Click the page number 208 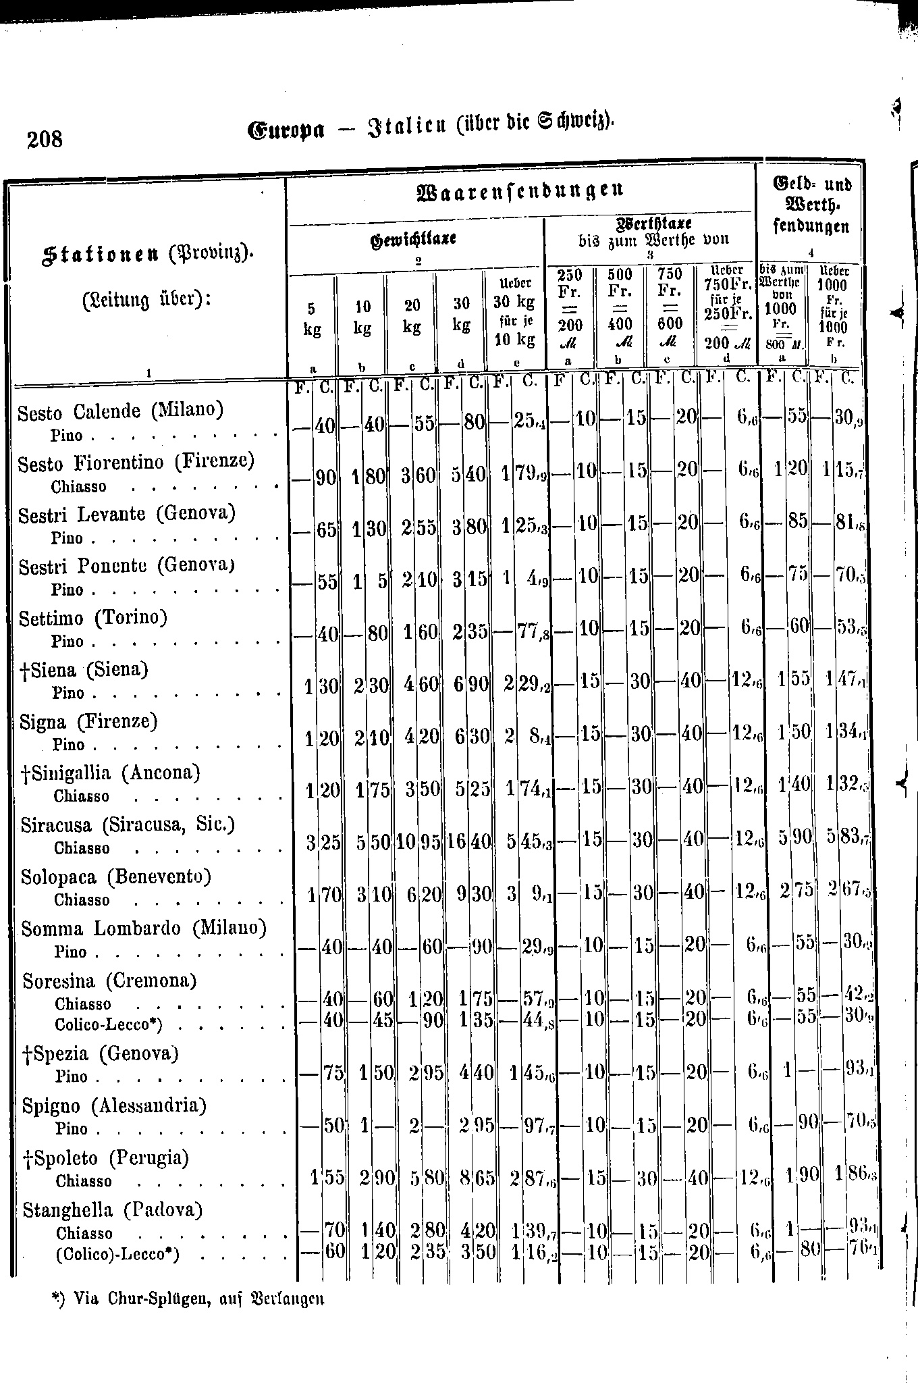[x=45, y=140]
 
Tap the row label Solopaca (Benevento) [x=116, y=877]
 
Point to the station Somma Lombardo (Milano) [x=144, y=929]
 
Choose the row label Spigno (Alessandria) [x=114, y=1105]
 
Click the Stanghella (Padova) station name [x=113, y=1209]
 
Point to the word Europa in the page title [x=287, y=128]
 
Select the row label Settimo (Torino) [x=93, y=618]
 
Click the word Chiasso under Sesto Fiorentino [x=78, y=486]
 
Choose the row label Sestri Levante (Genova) [x=126, y=515]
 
